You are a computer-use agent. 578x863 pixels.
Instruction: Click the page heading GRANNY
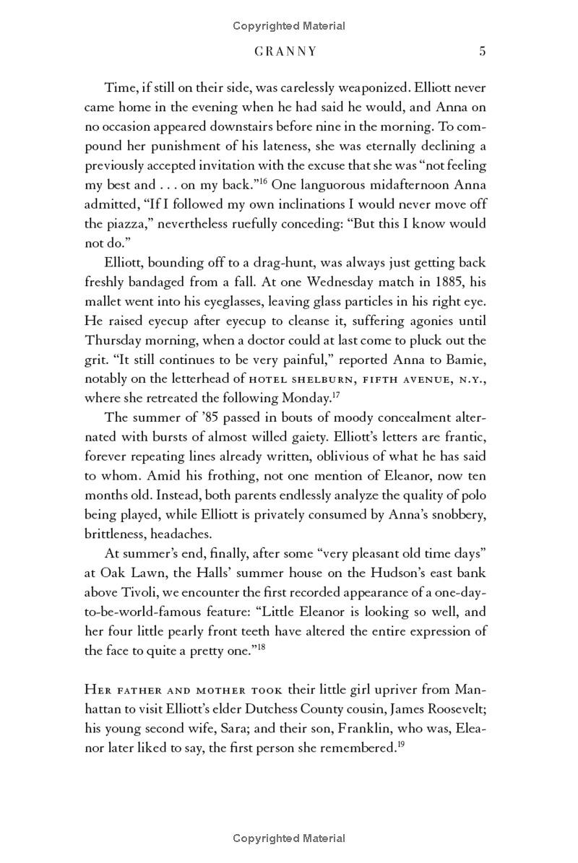(287, 52)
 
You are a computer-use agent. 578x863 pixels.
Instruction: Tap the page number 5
(482, 51)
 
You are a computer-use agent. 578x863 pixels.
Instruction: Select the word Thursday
(119, 340)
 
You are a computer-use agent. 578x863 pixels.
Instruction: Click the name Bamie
(467, 359)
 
